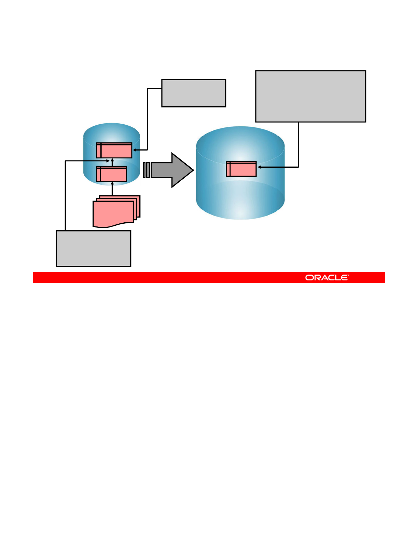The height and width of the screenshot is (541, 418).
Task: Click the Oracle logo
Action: (327, 278)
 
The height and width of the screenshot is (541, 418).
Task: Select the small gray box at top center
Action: (194, 93)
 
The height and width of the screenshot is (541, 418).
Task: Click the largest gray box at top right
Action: (310, 96)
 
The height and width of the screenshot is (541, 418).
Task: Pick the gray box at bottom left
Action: (93, 248)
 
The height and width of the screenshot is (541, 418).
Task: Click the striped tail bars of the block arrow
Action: (147, 170)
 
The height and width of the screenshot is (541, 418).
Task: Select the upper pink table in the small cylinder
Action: (114, 151)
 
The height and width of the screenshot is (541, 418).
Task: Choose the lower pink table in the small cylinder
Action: (112, 174)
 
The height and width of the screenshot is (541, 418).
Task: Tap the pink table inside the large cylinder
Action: (241, 169)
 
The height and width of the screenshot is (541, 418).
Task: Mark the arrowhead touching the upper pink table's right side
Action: (134, 150)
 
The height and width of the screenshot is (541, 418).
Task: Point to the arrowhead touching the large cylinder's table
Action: (259, 167)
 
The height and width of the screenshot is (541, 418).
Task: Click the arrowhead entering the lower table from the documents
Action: (112, 183)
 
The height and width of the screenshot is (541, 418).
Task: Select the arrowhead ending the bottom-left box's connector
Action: (108, 161)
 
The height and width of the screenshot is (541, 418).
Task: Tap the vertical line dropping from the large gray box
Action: (298, 143)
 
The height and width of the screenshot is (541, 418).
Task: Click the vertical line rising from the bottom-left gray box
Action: (65, 195)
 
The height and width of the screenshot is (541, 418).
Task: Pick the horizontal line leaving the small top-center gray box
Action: (154, 88)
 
